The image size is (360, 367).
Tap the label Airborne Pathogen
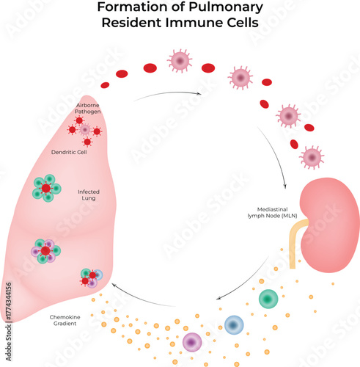coord(87,109)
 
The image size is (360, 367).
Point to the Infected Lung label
coord(89,195)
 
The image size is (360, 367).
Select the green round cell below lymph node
coord(269,299)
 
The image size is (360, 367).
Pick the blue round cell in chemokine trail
coord(234,324)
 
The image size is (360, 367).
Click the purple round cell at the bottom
coord(192,341)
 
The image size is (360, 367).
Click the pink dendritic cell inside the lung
coord(85,130)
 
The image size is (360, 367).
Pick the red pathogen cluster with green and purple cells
coord(45,251)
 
